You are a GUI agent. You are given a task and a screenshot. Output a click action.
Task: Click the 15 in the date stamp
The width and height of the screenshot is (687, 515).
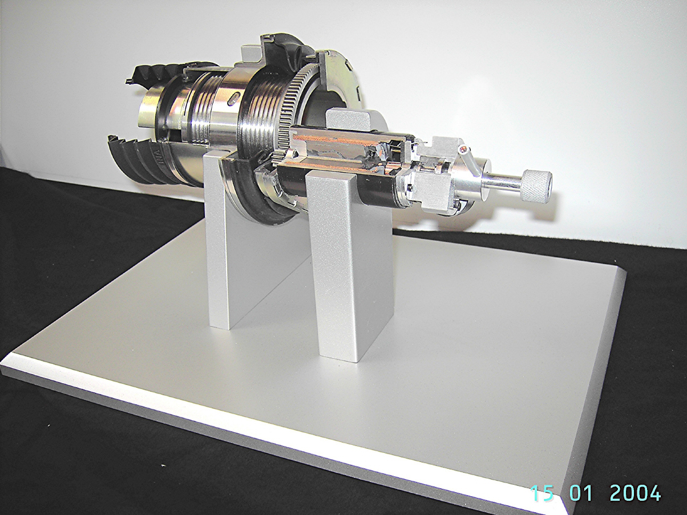[x=542, y=493]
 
